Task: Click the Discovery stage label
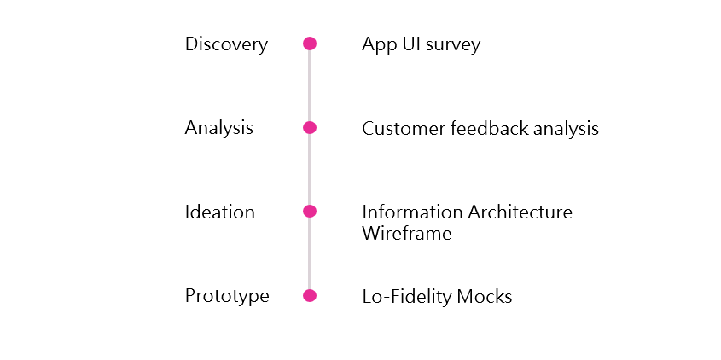click(x=226, y=44)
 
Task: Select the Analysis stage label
click(x=219, y=128)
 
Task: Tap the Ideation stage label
click(x=220, y=212)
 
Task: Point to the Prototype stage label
click(x=227, y=296)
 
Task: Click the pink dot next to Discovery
click(x=310, y=44)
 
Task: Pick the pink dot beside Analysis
click(x=310, y=128)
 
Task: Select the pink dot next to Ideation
click(x=310, y=212)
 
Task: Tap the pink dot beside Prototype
click(x=310, y=296)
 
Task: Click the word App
click(x=379, y=45)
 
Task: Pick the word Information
click(x=412, y=212)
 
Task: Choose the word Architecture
click(x=520, y=212)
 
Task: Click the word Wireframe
click(x=406, y=233)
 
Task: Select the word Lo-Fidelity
click(x=400, y=297)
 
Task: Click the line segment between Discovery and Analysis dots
click(x=310, y=86)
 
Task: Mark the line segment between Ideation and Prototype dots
click(x=310, y=254)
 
